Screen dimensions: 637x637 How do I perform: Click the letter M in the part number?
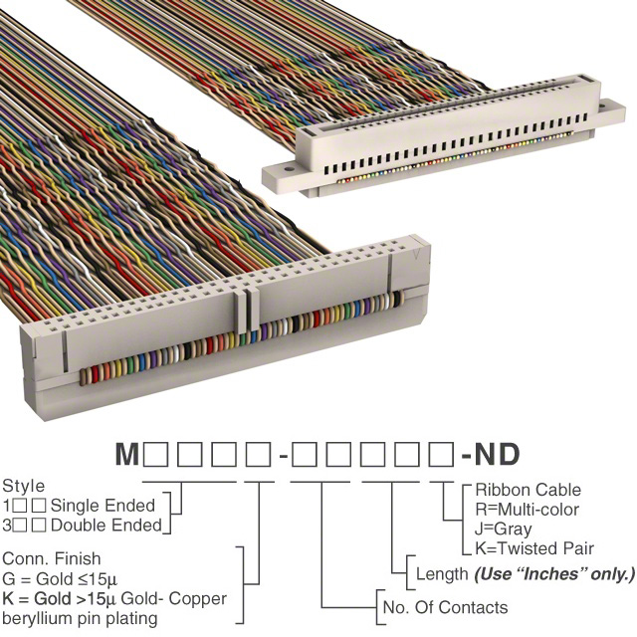127,457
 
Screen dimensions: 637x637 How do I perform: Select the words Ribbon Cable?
528,490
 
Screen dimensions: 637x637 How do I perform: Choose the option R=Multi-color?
529,510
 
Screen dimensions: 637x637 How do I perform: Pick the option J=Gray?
504,529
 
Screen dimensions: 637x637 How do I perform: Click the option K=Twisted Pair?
534,548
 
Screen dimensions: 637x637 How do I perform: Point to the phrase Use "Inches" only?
553,574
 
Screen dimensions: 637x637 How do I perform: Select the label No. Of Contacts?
444,607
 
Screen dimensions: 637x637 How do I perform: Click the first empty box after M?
156,457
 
